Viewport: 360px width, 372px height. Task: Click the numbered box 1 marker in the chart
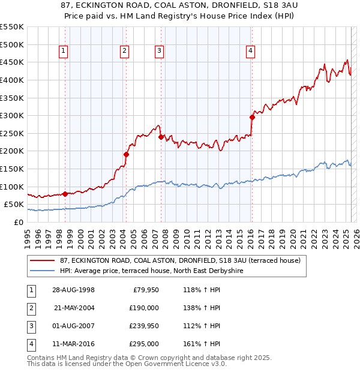point(64,52)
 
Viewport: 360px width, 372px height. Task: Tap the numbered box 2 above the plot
point(124,52)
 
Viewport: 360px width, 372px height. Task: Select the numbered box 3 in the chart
point(159,52)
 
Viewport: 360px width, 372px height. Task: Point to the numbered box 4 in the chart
point(250,52)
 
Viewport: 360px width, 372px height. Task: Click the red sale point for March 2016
point(252,118)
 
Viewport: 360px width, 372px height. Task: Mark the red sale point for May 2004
point(126,154)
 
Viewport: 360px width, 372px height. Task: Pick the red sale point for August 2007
point(161,137)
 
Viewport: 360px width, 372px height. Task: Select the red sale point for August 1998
point(65,194)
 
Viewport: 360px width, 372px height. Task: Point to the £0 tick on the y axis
point(18,222)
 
